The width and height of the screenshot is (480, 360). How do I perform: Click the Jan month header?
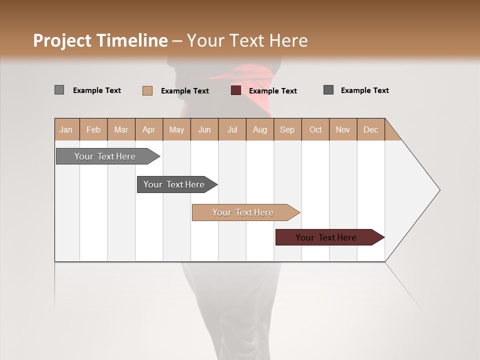point(66,129)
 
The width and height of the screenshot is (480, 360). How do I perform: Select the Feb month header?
point(93,129)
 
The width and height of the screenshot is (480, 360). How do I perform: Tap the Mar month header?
point(121,129)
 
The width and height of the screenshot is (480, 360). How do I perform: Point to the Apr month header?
point(148,129)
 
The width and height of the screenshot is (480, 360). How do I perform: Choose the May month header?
point(176,129)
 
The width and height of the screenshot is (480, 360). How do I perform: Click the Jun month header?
point(204,129)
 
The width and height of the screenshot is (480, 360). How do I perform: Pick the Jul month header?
point(232,129)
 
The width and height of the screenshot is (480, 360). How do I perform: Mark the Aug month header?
point(259,129)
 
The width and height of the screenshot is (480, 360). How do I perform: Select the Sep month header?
point(287,129)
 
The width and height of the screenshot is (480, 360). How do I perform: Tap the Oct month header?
point(315,129)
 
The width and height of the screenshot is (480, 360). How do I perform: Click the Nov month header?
point(343,129)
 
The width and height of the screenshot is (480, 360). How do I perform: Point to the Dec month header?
point(370,129)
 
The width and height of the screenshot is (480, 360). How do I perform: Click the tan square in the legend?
point(147,90)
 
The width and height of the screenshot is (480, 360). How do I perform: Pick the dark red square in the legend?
point(236,90)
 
